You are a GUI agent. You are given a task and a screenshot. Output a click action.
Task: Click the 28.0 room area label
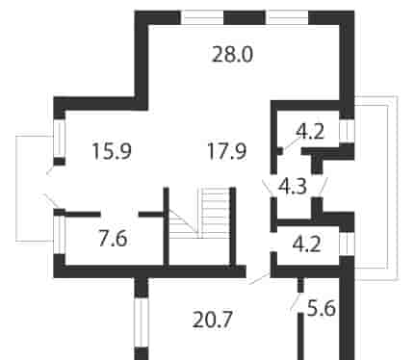[x=233, y=55]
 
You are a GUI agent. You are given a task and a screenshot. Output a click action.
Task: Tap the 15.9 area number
[x=112, y=151]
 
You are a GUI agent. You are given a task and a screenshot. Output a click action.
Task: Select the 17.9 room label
[x=227, y=151]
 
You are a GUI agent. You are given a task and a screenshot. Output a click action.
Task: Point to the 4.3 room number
[x=293, y=187]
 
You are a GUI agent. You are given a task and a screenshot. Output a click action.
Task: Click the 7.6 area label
[x=113, y=239]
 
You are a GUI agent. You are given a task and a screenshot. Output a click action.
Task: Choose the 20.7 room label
[x=212, y=320]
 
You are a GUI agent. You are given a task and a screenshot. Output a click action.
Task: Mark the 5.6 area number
[x=322, y=308]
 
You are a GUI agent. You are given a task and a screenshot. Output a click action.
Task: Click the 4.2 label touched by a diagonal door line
[x=310, y=131]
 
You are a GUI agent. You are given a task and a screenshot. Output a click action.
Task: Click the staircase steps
[x=214, y=213]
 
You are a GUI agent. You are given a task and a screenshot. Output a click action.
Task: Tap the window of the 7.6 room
[x=60, y=235]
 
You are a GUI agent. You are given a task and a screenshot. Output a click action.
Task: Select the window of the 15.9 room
[x=60, y=139]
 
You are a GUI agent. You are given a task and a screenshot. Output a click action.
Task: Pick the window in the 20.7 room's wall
[x=142, y=321]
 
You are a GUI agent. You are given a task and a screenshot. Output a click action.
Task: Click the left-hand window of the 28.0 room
[x=202, y=17]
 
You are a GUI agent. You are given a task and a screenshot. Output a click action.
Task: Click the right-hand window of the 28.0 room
[x=287, y=17]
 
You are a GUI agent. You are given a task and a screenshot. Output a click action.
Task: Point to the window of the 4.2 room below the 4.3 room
[x=347, y=244]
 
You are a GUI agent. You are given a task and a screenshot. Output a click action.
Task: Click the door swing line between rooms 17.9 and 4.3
[x=268, y=189]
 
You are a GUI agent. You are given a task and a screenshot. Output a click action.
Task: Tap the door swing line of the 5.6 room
[x=295, y=302]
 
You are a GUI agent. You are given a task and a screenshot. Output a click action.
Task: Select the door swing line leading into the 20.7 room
[x=259, y=278]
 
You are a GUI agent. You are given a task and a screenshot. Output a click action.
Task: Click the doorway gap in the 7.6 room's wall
[x=119, y=214]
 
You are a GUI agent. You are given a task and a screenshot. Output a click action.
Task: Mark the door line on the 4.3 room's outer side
[x=323, y=186]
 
